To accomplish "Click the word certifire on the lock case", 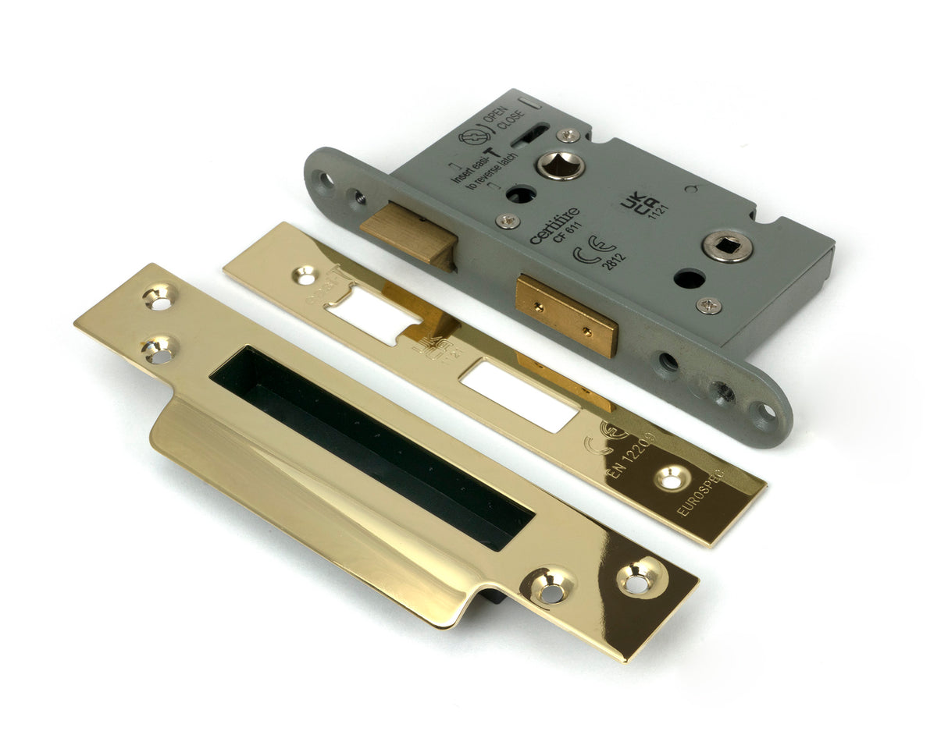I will [554, 225].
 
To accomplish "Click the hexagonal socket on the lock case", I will [560, 164].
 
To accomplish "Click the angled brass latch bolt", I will [407, 235].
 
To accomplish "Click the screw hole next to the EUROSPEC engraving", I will [670, 478].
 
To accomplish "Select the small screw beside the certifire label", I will [507, 222].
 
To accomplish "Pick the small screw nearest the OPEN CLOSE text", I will [569, 135].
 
